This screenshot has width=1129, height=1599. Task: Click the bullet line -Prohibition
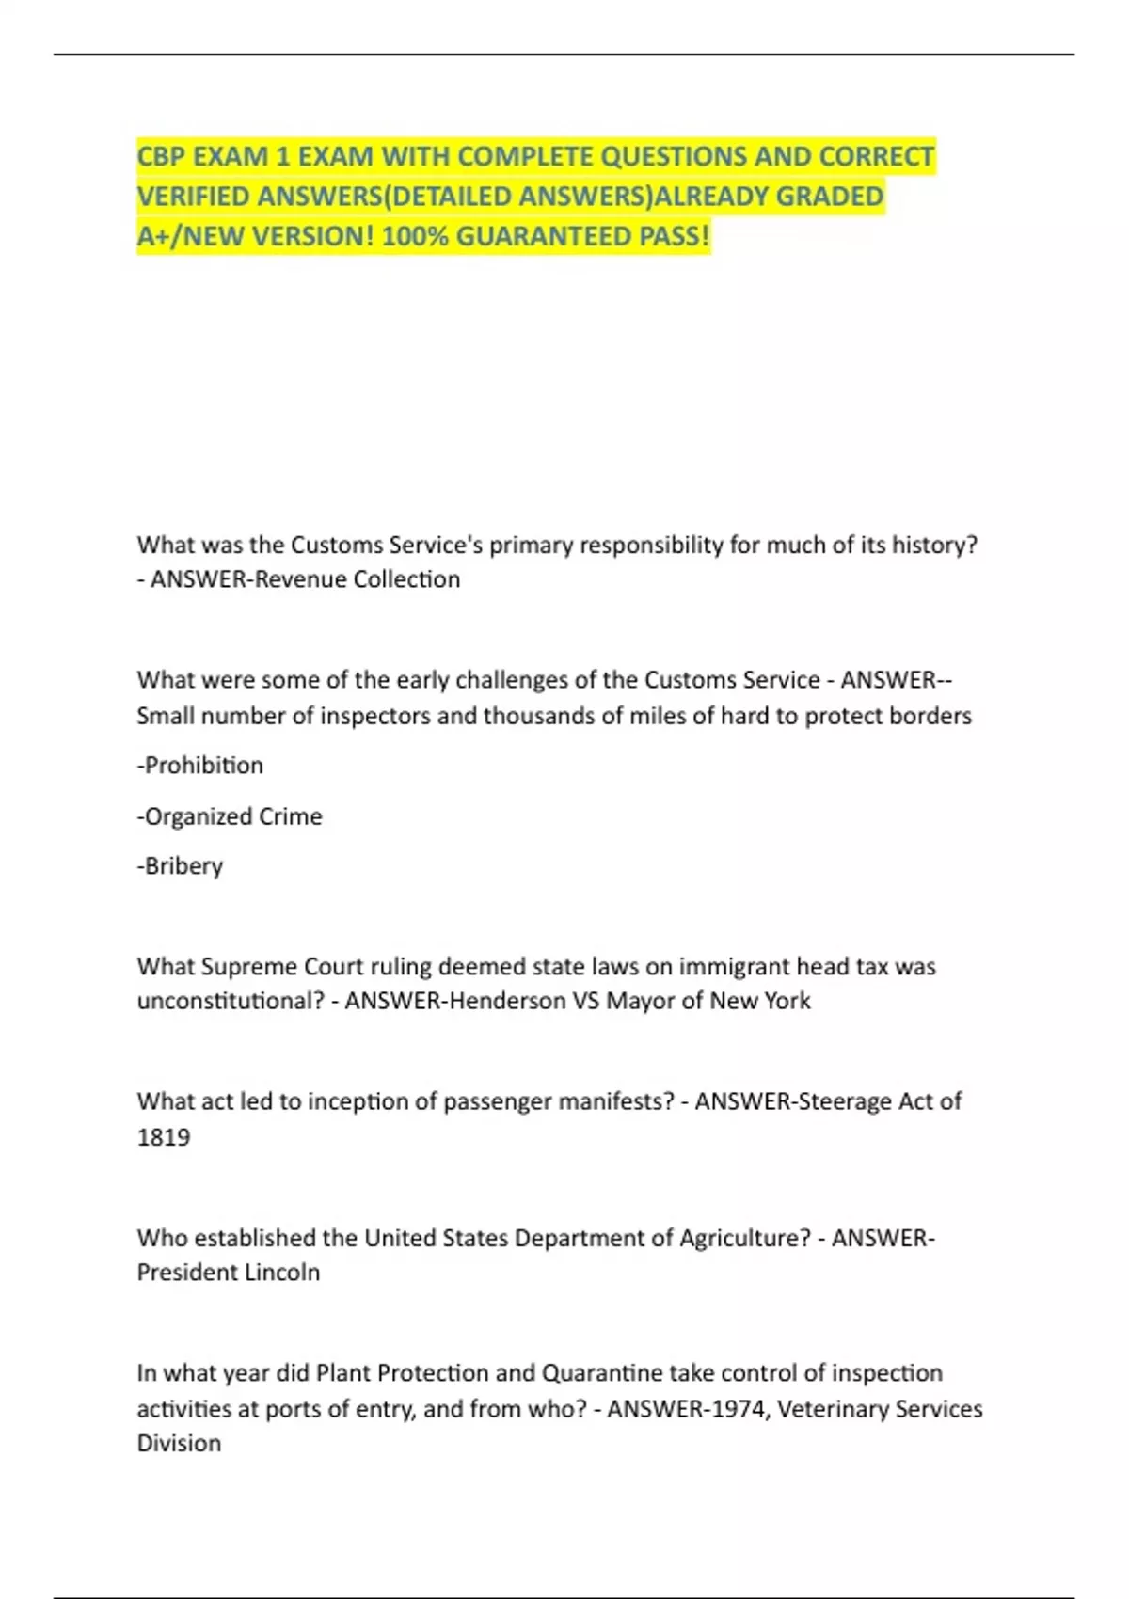[200, 766]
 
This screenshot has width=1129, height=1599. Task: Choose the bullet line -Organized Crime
[230, 816]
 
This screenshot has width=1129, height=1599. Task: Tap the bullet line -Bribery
[180, 866]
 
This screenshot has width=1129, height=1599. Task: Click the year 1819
[164, 1137]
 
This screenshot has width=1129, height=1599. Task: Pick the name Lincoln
[281, 1273]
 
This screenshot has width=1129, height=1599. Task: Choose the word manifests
[612, 1101]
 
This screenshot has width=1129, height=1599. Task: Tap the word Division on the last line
[179, 1444]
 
